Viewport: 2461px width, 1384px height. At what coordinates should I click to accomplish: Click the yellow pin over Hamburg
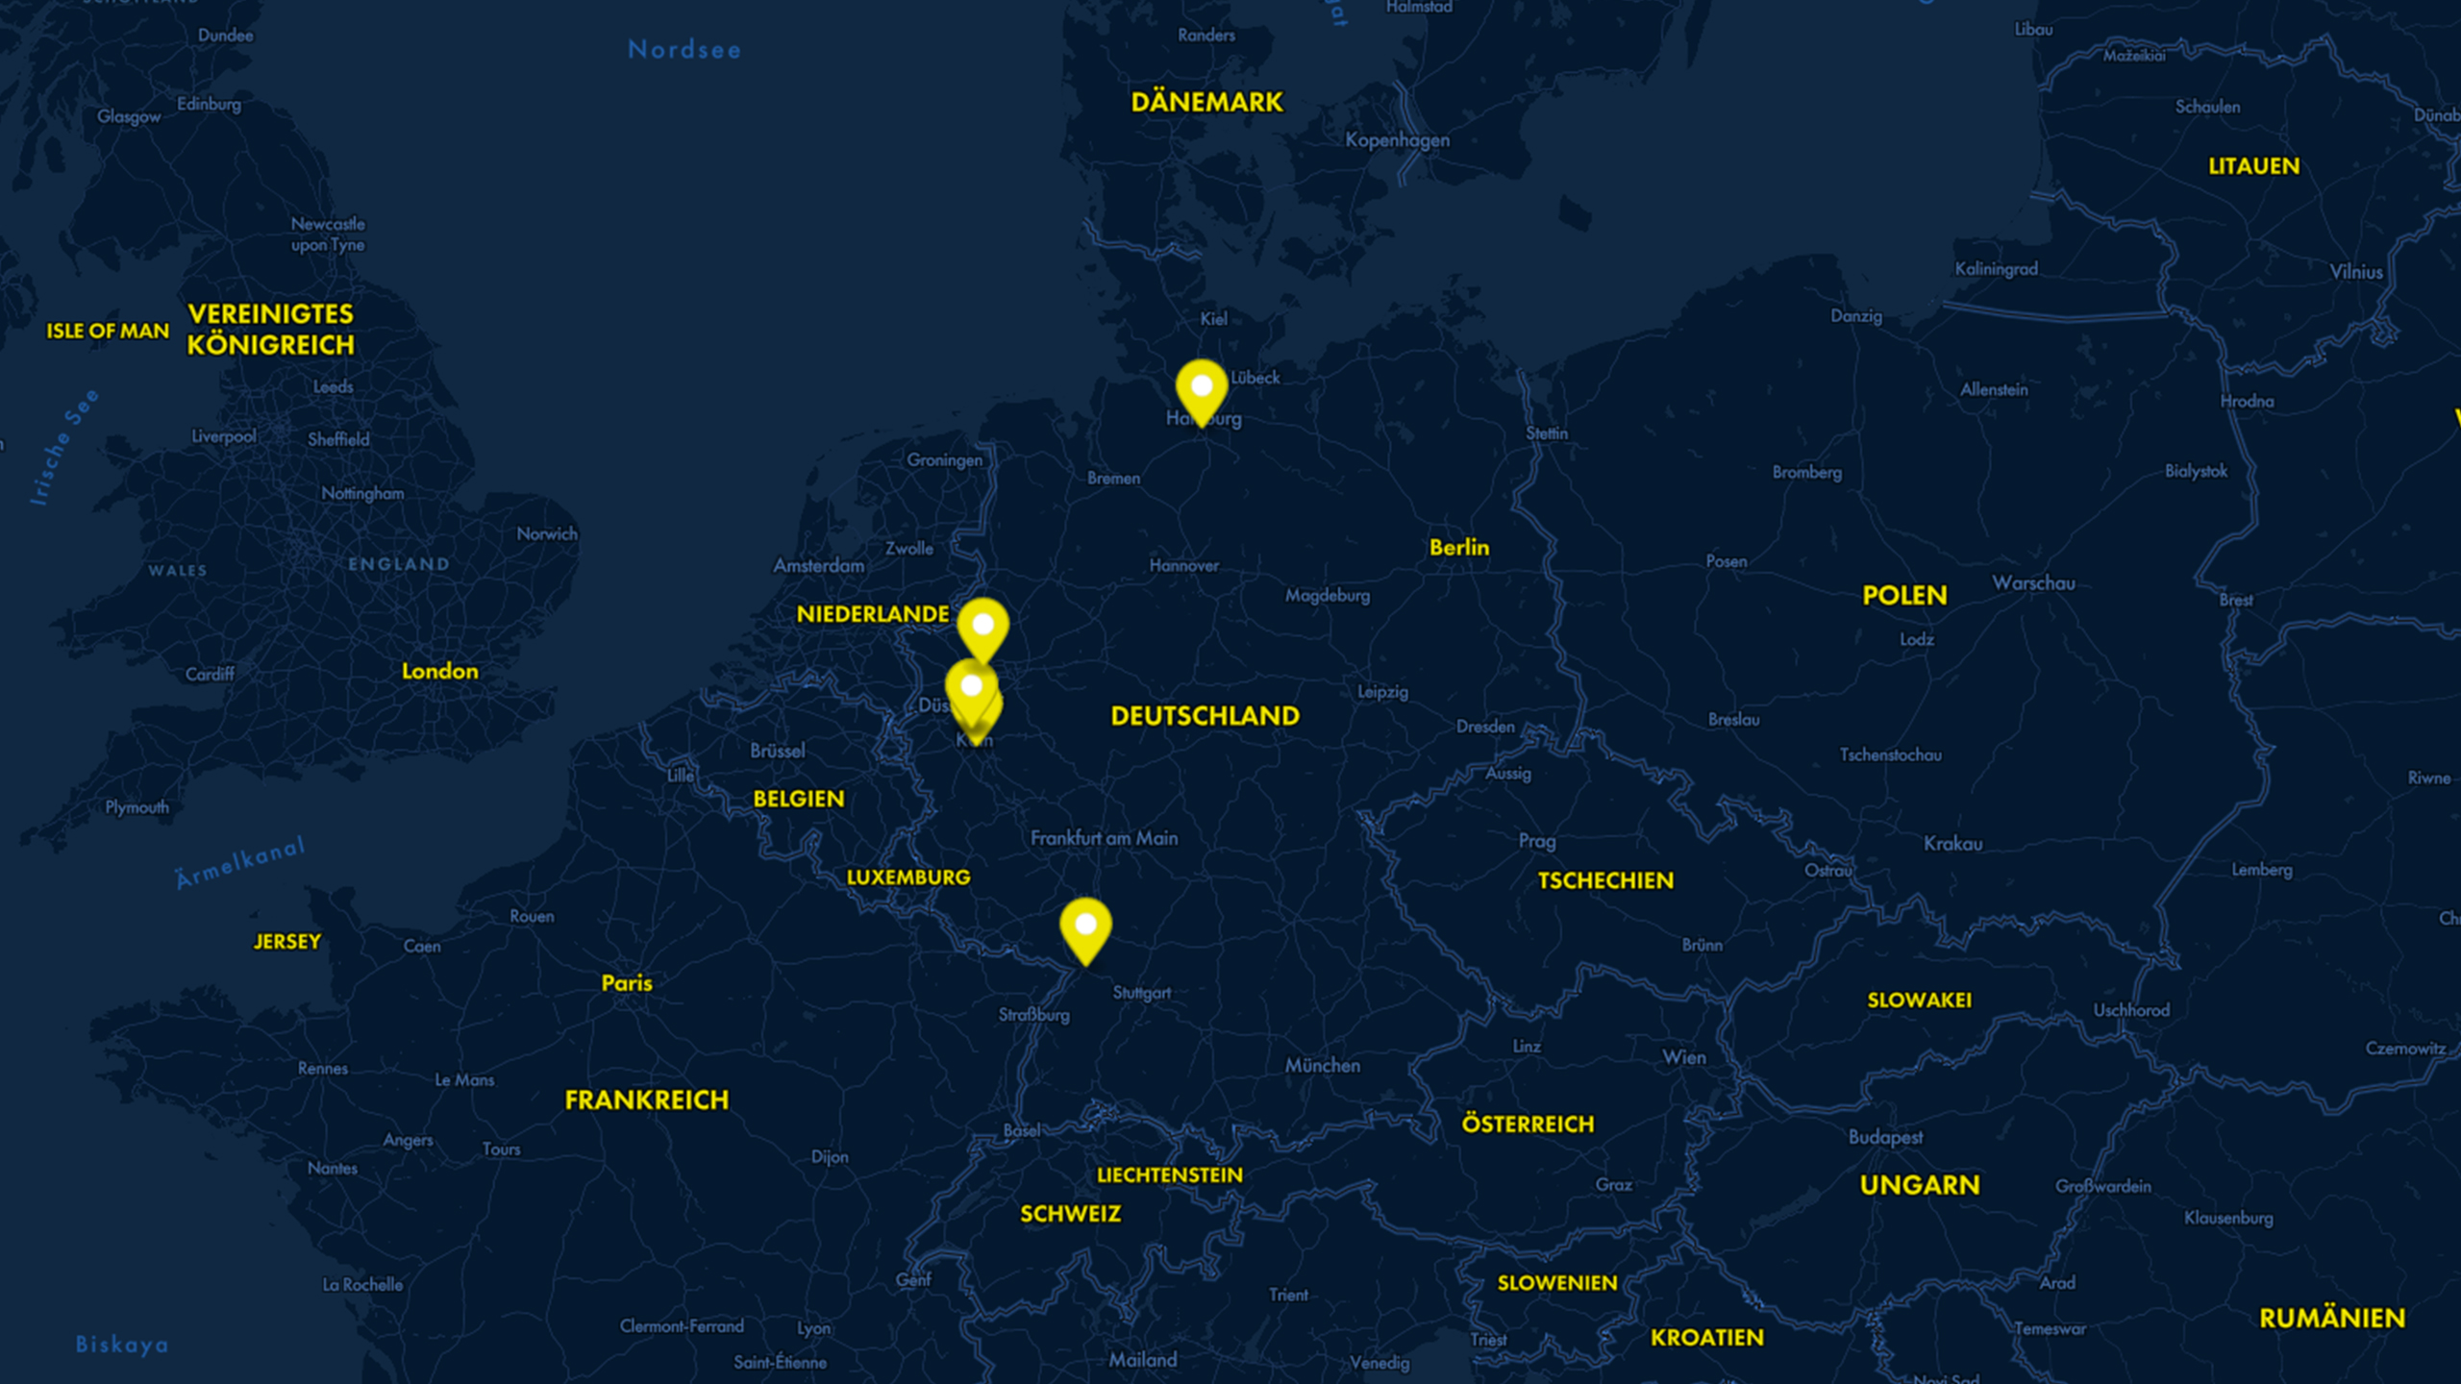pos(1201,388)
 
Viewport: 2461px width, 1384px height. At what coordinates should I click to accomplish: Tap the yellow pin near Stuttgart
pos(1085,927)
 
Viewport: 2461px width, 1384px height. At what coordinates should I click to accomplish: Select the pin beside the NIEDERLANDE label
pos(982,627)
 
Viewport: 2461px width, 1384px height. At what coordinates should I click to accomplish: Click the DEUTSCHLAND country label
pos(1205,716)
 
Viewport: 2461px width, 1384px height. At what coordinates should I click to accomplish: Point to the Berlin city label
pos(1458,548)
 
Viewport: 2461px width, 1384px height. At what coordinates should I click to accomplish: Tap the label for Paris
pos(627,983)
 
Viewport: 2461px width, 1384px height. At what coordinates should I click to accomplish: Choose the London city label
pos(439,671)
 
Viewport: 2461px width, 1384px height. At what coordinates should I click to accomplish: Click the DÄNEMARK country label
pos(1206,102)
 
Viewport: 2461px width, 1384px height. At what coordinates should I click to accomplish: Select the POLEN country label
pos(1904,596)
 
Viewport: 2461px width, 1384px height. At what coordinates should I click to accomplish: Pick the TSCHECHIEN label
pos(1605,880)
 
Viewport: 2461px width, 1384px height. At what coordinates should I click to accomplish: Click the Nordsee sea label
pos(684,50)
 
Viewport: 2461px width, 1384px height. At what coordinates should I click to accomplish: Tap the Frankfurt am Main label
pos(1104,838)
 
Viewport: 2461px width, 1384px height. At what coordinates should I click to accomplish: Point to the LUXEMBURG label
pos(907,877)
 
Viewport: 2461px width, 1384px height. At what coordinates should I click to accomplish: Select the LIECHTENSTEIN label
pos(1169,1174)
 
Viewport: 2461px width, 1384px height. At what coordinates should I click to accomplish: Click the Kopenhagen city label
pos(1397,140)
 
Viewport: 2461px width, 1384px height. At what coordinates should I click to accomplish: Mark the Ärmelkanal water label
pos(240,863)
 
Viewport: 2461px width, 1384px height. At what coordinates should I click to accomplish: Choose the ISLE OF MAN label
pos(108,332)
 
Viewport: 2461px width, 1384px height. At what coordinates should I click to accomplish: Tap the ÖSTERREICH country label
pos(1528,1124)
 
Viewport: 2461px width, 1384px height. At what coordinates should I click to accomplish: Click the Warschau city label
pos(2033,583)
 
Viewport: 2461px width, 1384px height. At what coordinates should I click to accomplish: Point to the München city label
pos(1322,1065)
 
